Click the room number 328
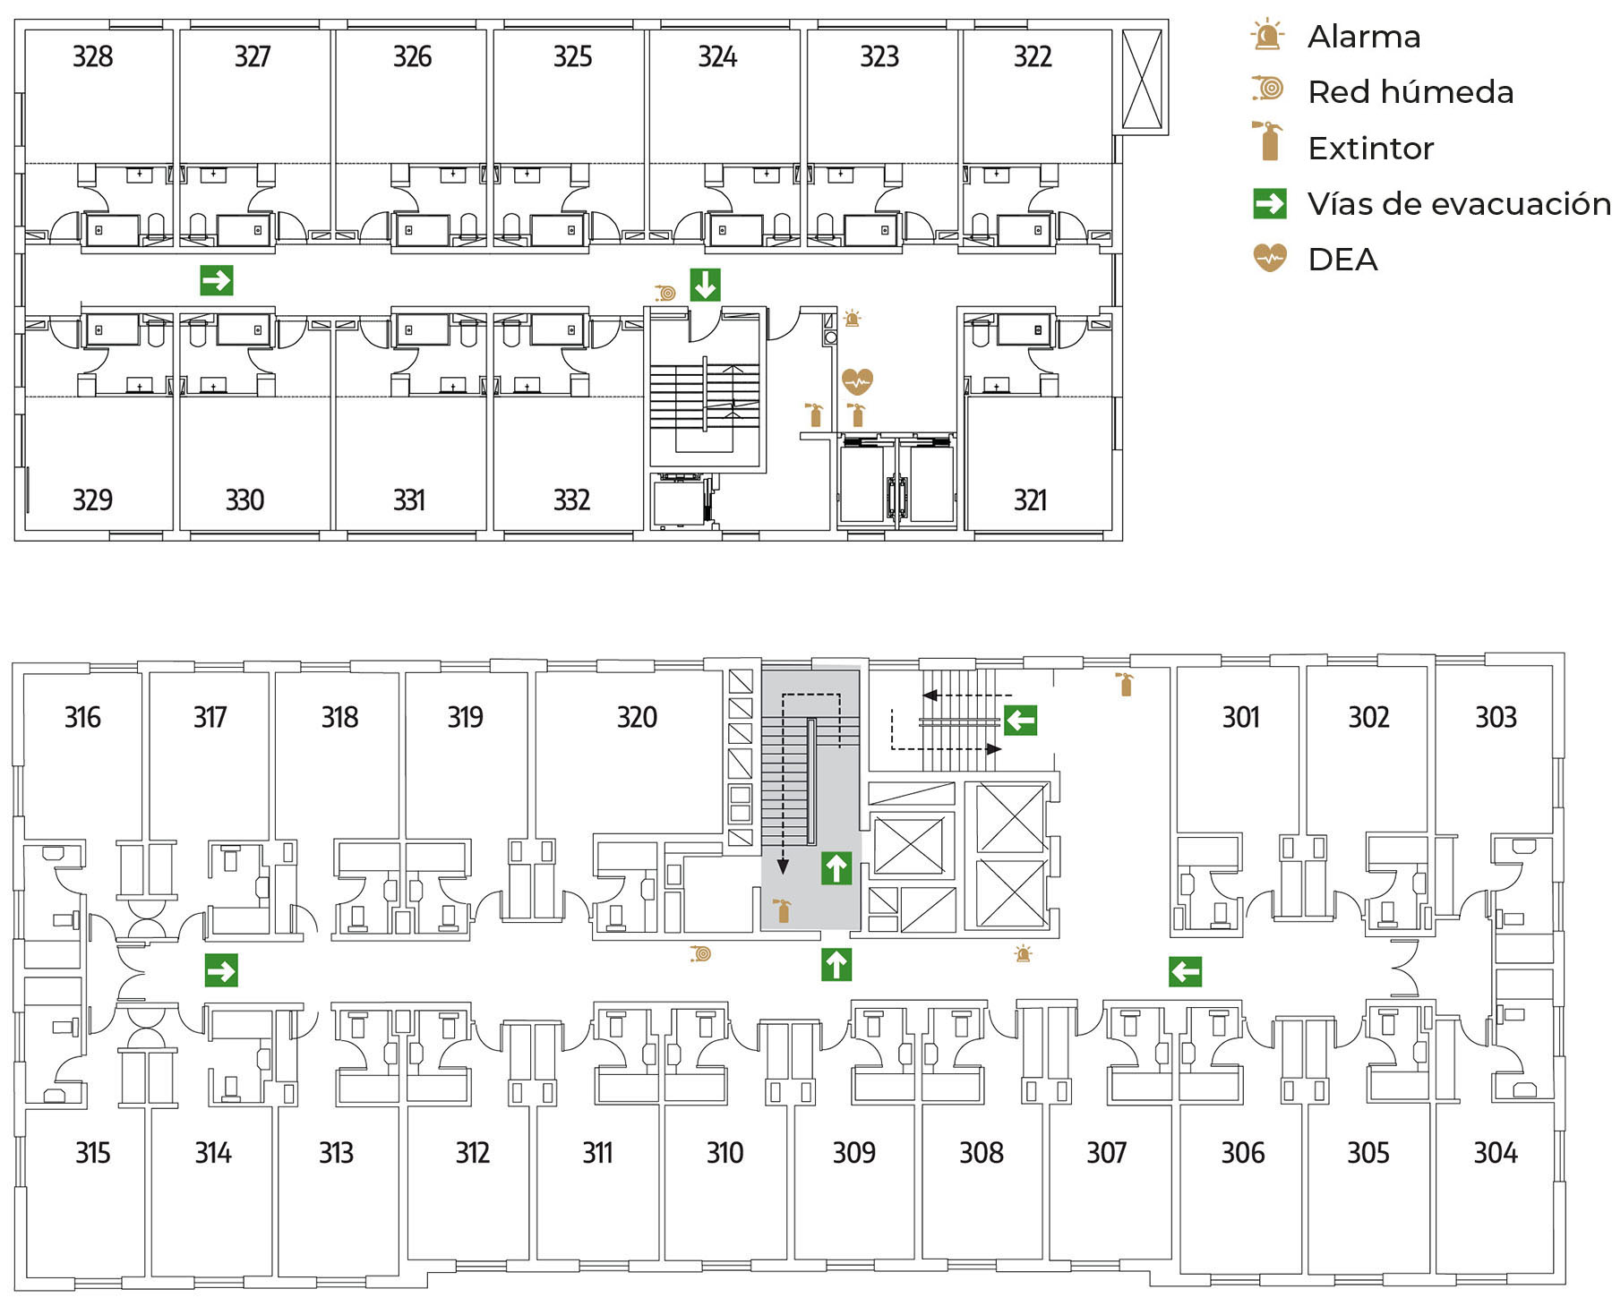92,56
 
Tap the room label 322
1033,56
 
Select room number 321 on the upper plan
1030,499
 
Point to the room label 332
571,499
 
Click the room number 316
82,717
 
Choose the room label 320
637,717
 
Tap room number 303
1496,717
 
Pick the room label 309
854,1152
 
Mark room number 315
92,1152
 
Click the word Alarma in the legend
1364,37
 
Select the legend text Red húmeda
1410,92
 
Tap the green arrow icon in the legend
1270,203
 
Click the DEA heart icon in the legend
1270,258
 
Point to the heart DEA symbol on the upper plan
857,381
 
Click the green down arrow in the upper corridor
705,285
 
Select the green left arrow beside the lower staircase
1020,719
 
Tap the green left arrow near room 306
1185,970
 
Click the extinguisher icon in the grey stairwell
783,910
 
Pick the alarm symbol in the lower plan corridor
1023,953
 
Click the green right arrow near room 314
221,970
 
